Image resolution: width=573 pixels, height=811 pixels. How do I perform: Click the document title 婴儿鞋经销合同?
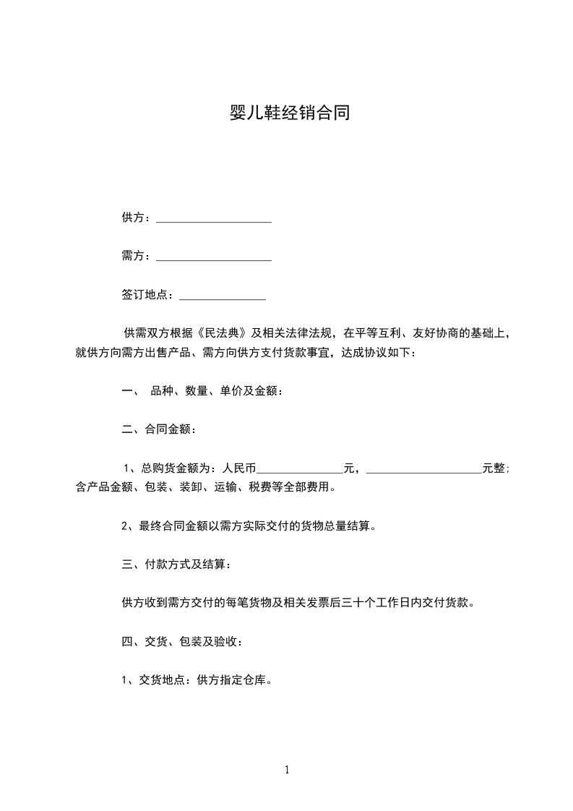(286, 113)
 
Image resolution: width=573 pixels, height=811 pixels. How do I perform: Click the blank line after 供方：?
(214, 220)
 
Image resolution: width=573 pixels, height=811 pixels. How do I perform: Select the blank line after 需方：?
(214, 257)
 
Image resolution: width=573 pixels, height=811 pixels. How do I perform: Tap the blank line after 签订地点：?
(223, 296)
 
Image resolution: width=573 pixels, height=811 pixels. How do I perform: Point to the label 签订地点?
(145, 295)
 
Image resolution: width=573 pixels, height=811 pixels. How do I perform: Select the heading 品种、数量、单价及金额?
(215, 391)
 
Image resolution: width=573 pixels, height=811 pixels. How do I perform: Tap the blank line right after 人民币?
(300, 469)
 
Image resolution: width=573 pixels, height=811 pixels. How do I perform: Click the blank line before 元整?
(425, 469)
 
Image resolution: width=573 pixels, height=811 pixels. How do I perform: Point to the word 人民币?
(240, 468)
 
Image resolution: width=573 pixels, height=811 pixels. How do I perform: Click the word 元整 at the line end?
(494, 468)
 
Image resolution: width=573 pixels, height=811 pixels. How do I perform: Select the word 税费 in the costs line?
(262, 487)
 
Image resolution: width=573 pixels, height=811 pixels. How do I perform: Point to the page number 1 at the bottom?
(287, 771)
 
